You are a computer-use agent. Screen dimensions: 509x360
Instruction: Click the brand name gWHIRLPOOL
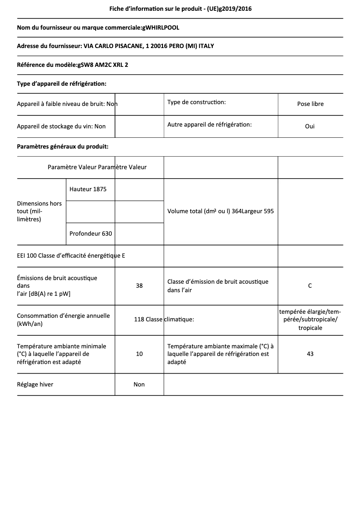[160, 28]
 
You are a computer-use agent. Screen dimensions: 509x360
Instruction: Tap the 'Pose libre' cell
[310, 104]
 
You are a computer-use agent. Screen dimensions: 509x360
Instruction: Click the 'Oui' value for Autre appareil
[310, 127]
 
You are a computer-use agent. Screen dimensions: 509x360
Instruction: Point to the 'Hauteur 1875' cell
[88, 189]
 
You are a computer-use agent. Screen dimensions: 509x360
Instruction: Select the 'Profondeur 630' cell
[91, 234]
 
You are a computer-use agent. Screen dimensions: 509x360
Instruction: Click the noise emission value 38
[139, 285]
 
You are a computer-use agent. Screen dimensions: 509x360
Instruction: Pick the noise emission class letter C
[310, 285]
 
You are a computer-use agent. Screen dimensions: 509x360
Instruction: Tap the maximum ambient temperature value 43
[310, 354]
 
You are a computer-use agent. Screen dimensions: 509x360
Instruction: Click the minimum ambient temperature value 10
[139, 354]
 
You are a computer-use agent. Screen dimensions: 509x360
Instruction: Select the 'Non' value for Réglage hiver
[139, 385]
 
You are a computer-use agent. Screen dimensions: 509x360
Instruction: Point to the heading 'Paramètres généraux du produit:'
[62, 147]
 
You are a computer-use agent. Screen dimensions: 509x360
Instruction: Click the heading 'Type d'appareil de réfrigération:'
[61, 83]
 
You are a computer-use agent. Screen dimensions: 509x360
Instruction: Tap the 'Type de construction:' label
[196, 102]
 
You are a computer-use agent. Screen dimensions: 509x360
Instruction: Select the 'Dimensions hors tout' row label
[39, 211]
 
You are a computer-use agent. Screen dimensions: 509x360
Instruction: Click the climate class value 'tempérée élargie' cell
[310, 320]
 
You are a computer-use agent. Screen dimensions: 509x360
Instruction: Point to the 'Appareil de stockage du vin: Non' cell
[61, 127]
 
